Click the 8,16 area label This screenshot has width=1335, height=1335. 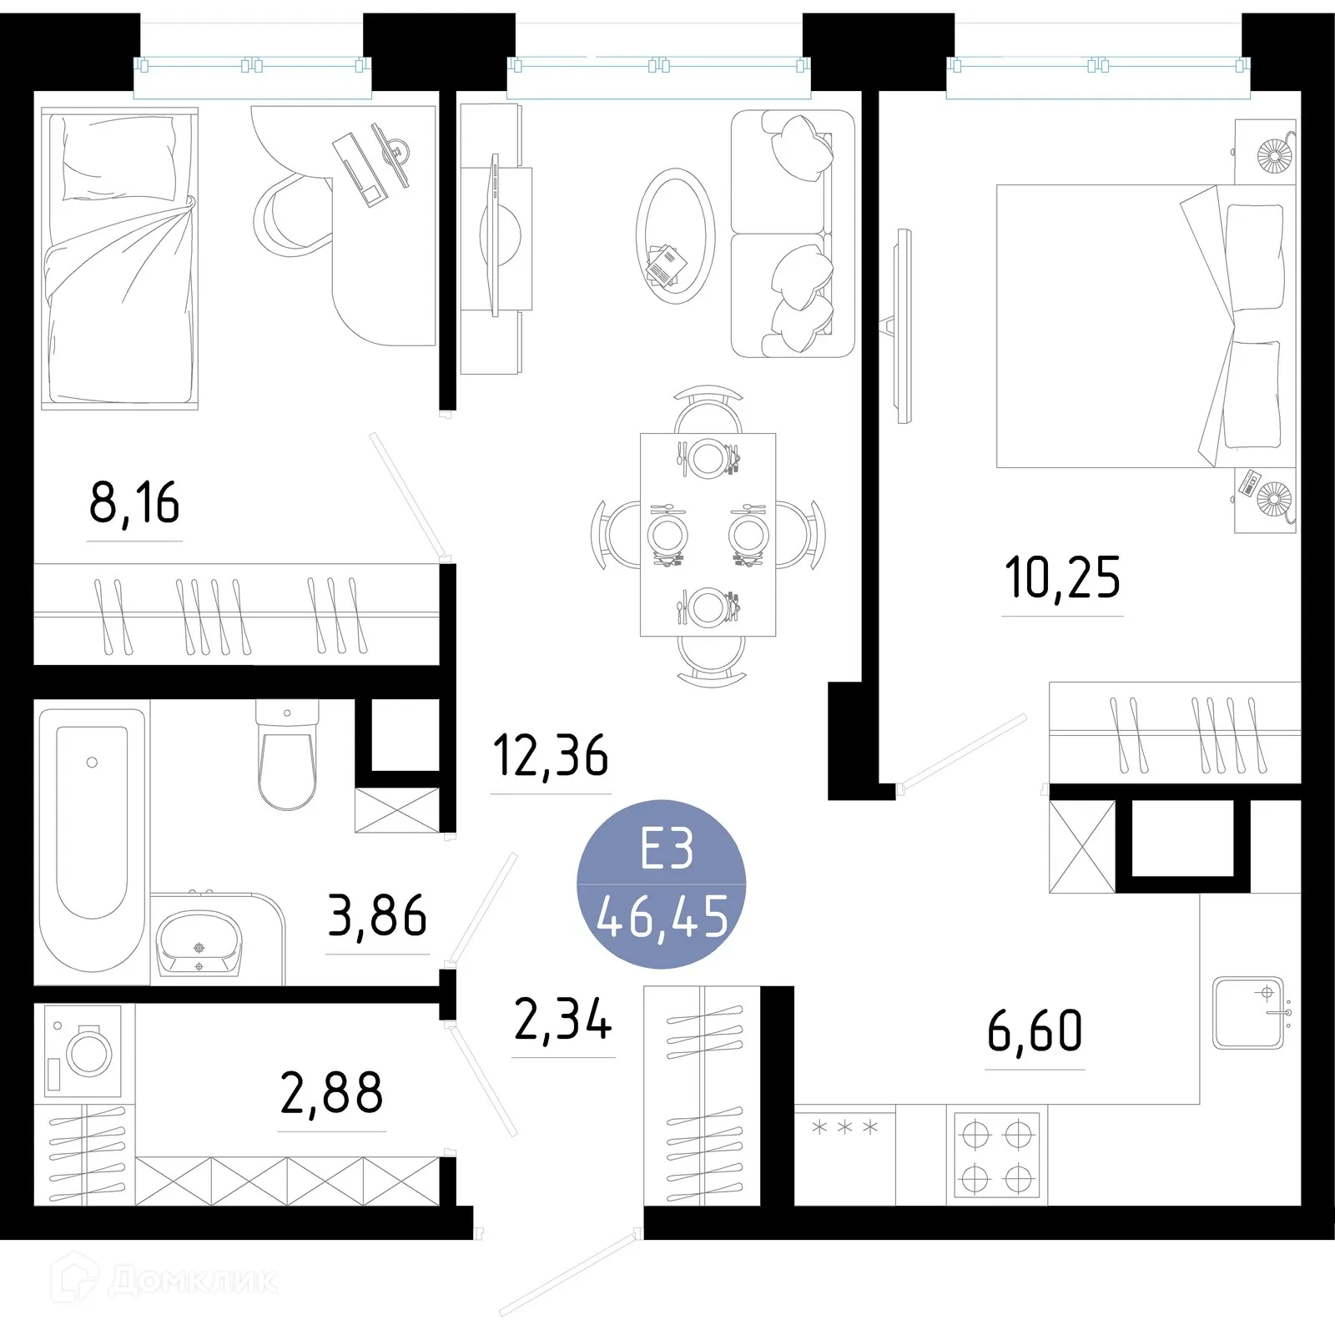click(134, 504)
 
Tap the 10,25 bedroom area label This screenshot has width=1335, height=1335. click(1062, 579)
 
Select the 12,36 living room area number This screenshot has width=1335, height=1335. click(551, 756)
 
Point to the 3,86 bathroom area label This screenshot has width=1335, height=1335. click(377, 916)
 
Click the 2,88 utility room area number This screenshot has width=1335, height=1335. click(331, 1094)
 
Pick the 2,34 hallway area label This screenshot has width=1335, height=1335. click(563, 1020)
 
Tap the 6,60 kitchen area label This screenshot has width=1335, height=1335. click(1035, 1032)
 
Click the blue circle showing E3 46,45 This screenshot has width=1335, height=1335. click(662, 884)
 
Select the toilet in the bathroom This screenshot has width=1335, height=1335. click(287, 755)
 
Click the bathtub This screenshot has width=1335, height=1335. click(92, 839)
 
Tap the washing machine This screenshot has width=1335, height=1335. click(83, 1051)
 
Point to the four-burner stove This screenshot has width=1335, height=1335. click(997, 1157)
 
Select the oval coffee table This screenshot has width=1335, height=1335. click(675, 236)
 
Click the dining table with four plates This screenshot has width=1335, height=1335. click(708, 534)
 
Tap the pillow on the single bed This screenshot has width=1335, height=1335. click(119, 159)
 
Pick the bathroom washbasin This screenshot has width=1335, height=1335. click(199, 943)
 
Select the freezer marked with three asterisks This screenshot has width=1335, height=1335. click(844, 1156)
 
